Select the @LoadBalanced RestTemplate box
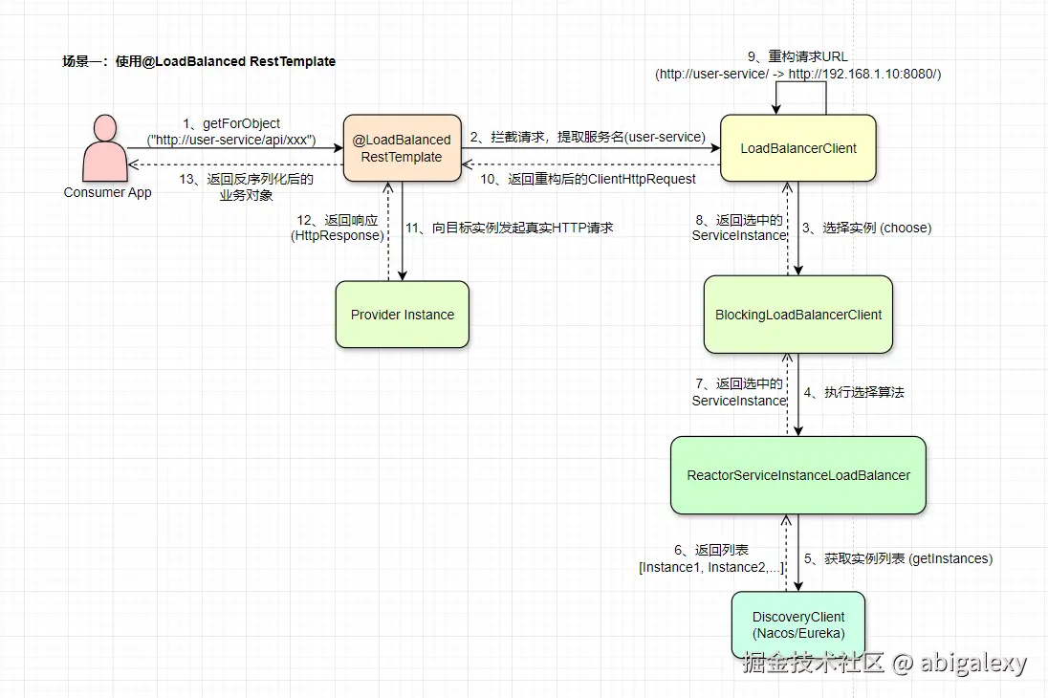click(x=402, y=148)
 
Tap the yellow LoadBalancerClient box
click(x=798, y=148)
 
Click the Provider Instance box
click(x=403, y=315)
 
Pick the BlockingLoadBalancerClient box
click(x=798, y=315)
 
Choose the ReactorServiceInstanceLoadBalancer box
click(x=798, y=475)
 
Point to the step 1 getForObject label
click(x=231, y=132)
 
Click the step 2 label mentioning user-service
click(x=587, y=138)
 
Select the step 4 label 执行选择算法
click(x=854, y=392)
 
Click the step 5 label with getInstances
click(x=897, y=558)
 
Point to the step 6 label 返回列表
click(x=711, y=558)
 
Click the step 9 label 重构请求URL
click(x=798, y=65)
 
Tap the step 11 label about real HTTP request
click(x=509, y=228)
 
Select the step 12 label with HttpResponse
click(x=338, y=228)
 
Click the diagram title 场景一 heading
click(x=199, y=61)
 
